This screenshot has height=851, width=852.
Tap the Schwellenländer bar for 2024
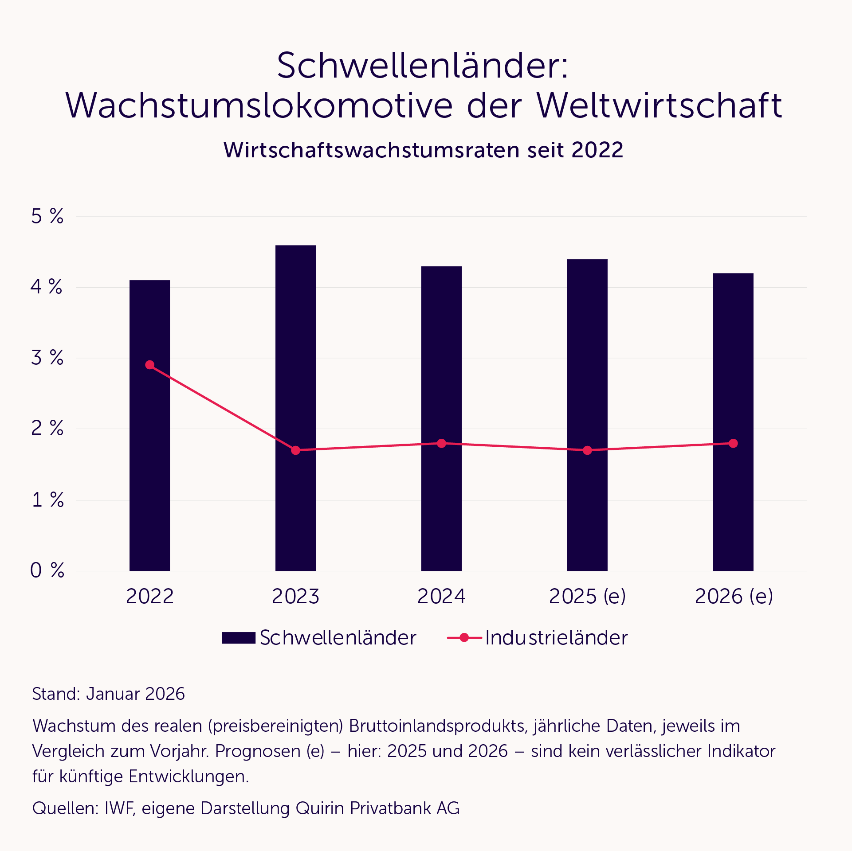pos(441,510)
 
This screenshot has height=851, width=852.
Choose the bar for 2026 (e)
pos(733,510)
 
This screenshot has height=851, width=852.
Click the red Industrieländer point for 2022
pos(150,365)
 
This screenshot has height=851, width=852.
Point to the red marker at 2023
pos(296,450)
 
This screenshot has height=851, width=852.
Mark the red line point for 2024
pos(441,443)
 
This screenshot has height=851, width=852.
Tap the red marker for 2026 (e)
pos(733,443)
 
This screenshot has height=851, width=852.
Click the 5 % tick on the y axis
pos(47,216)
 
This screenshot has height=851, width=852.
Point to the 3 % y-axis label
pos(47,358)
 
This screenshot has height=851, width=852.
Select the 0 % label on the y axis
pos(47,570)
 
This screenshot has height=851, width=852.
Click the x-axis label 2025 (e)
pos(587,596)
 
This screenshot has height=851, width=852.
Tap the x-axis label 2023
pos(295,596)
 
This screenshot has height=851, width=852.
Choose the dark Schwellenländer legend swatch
pos(239,638)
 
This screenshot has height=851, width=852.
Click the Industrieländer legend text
pos(556,638)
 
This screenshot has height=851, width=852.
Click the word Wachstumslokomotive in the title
pos(259,105)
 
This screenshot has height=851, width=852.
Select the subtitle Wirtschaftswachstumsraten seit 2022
pos(423,150)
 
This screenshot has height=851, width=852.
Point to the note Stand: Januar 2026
pos(108,694)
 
